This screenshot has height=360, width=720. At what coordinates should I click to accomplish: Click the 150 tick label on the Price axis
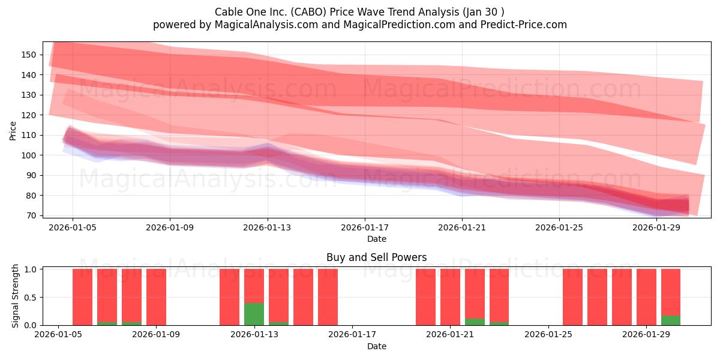tap(28, 55)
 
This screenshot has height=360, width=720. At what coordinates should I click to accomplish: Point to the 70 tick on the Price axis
tap(31, 215)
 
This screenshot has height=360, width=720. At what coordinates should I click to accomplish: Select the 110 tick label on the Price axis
tap(28, 136)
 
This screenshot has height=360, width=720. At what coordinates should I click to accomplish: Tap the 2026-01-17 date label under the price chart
tap(365, 227)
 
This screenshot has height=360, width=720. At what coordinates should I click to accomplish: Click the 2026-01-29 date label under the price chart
tap(656, 227)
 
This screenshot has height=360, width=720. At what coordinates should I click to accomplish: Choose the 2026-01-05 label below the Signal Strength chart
tap(58, 335)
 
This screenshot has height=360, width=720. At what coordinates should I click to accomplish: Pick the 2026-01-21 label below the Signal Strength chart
tap(450, 335)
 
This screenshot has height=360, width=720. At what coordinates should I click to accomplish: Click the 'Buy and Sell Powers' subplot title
tap(377, 257)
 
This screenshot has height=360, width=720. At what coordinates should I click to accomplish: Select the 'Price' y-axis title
tap(13, 131)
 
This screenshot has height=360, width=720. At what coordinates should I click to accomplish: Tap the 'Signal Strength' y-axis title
tap(15, 296)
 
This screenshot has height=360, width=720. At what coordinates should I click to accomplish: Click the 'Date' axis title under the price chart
tap(377, 239)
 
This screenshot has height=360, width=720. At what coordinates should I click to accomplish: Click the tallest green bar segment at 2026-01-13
tap(254, 314)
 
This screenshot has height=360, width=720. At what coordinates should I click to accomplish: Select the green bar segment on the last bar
tap(671, 320)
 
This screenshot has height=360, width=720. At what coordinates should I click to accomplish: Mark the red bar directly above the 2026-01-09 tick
tap(156, 297)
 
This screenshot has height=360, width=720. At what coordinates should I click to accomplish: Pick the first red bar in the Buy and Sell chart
tap(82, 297)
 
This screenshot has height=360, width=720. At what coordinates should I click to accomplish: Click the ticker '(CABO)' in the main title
tap(308, 12)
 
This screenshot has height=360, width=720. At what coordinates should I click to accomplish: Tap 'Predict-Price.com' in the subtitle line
tap(524, 25)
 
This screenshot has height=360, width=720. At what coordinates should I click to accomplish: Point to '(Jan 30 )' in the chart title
tap(483, 12)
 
